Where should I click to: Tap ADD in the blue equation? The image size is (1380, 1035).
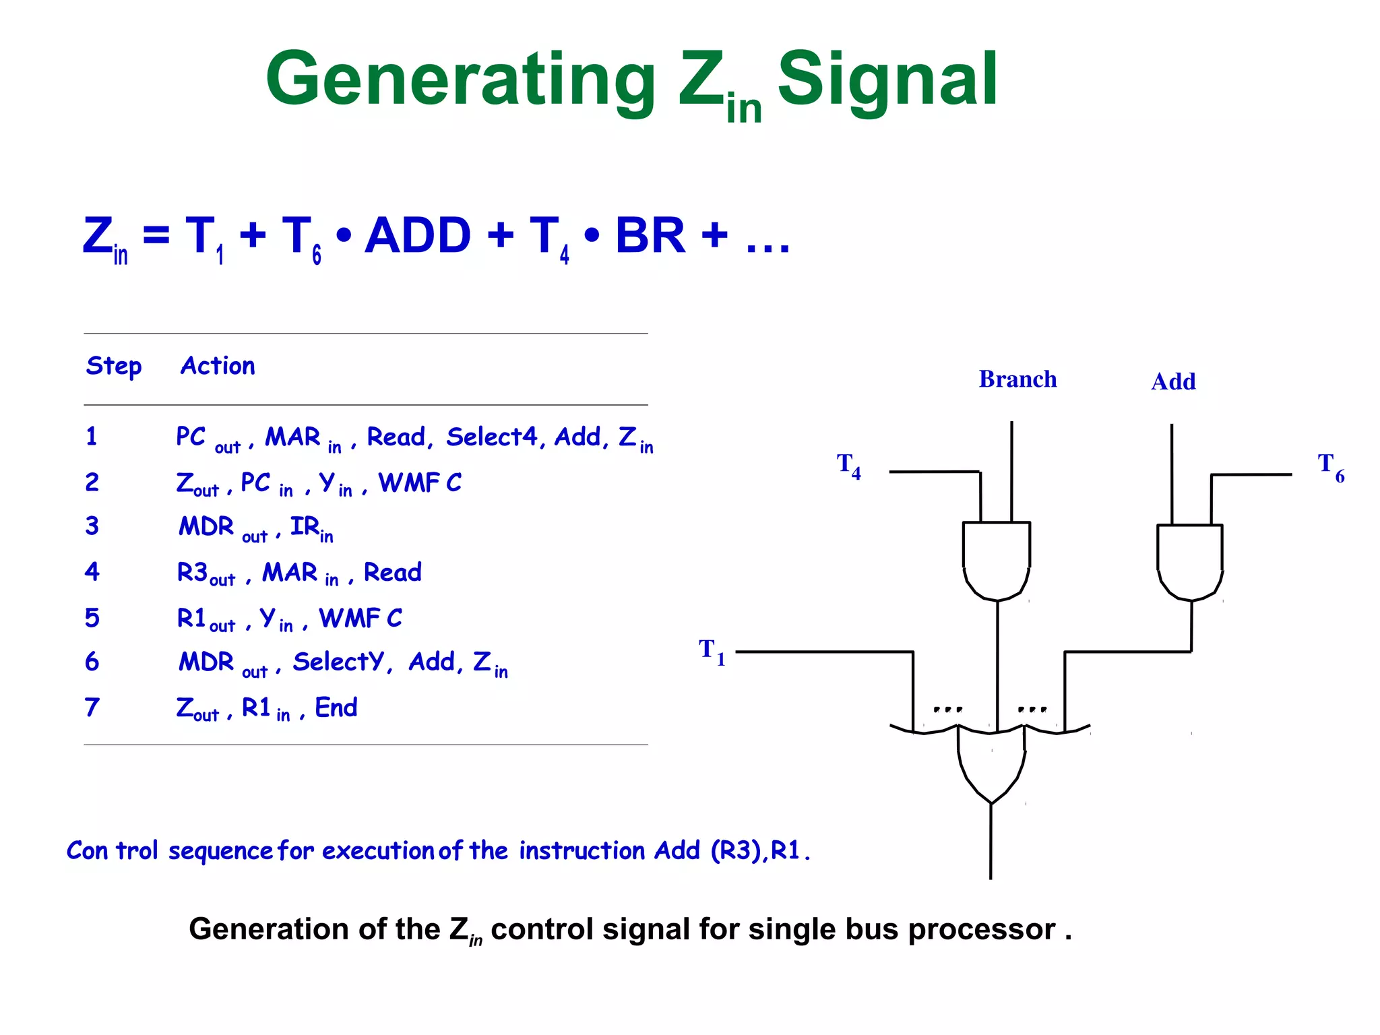point(417,235)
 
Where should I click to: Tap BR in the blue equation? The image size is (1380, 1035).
point(650,235)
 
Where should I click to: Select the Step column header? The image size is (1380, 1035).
point(114,367)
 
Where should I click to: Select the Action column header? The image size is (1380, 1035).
point(218,366)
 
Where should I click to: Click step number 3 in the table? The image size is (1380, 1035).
point(92,526)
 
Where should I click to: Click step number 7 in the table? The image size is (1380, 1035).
point(92,708)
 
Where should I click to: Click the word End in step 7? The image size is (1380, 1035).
point(336,708)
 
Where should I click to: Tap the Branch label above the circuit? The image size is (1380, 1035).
point(1017,379)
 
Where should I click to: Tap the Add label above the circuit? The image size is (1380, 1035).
point(1173,382)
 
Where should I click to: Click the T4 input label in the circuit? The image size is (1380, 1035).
point(848,466)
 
